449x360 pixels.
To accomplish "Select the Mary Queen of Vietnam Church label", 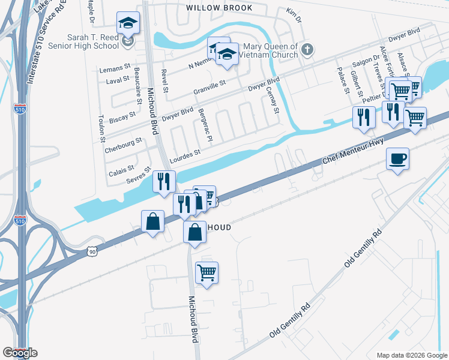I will (x=269, y=50).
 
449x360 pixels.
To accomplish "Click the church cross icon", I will (x=307, y=49).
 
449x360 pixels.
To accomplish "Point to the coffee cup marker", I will (x=397, y=159).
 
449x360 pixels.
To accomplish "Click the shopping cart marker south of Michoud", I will (x=206, y=273).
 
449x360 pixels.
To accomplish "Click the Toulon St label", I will (x=100, y=124).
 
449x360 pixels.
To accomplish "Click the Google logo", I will (x=20, y=353).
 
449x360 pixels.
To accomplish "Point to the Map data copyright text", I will (x=412, y=355).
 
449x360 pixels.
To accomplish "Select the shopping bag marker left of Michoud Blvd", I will (x=153, y=221).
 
